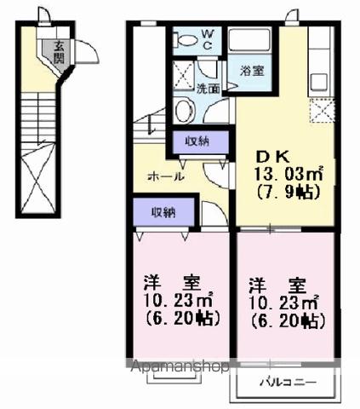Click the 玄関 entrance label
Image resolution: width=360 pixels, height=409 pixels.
[58, 53]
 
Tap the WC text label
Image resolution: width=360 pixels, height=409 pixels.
[209, 38]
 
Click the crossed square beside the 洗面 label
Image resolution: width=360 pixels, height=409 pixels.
[183, 72]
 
